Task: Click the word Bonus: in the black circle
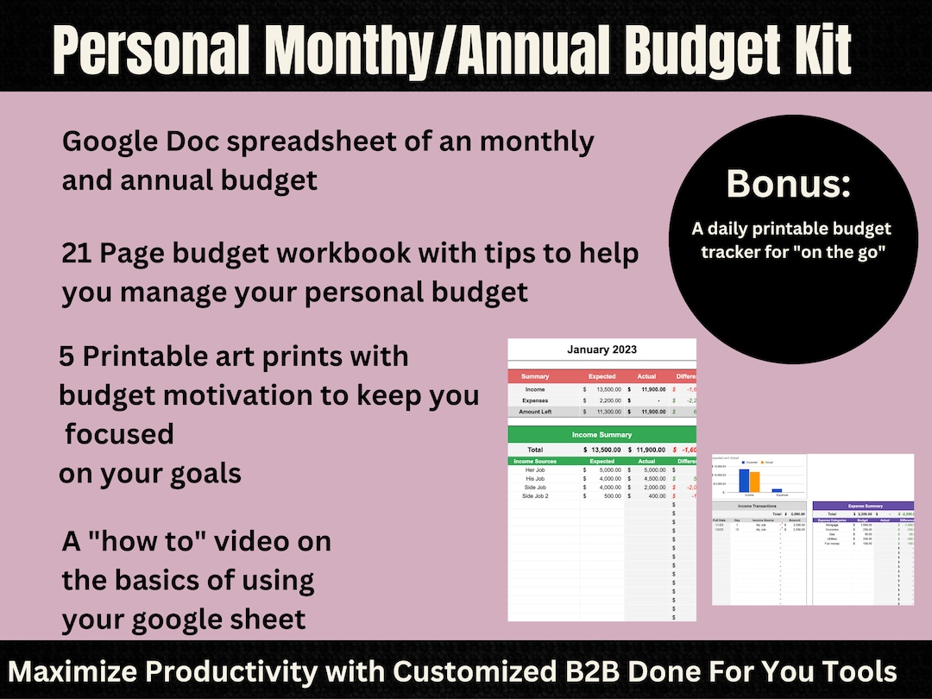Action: (x=789, y=185)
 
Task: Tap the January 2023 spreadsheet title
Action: (x=601, y=349)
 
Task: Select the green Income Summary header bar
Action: (x=601, y=434)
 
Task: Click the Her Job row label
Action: (x=535, y=469)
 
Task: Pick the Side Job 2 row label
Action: (x=535, y=495)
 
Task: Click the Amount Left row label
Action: (x=535, y=412)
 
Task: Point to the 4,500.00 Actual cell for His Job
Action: (x=650, y=478)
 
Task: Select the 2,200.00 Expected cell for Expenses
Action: (x=604, y=400)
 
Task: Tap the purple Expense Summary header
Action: (x=865, y=506)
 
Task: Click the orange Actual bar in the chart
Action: (x=754, y=482)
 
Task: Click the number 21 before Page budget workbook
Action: (x=76, y=254)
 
